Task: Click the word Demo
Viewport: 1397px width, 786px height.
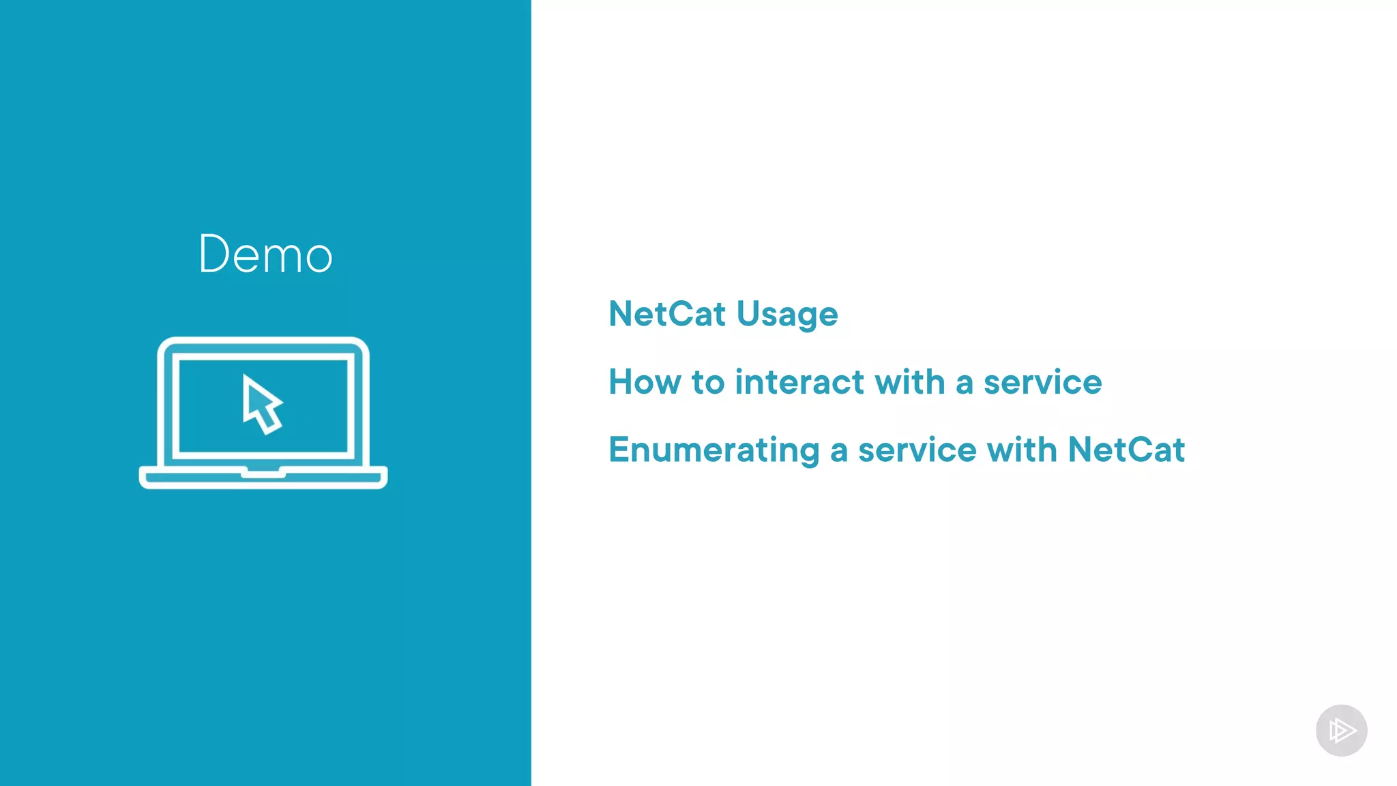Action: (x=265, y=254)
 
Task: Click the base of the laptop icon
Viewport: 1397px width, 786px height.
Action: (x=263, y=478)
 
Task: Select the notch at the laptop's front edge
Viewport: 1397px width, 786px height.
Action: (x=263, y=471)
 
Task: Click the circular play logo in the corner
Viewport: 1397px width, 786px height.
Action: (x=1341, y=730)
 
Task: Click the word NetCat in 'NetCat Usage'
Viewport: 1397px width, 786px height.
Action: (x=666, y=314)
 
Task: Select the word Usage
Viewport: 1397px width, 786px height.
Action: (x=787, y=315)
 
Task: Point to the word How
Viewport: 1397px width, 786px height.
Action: (x=645, y=382)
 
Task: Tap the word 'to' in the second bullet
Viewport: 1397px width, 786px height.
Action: (x=708, y=382)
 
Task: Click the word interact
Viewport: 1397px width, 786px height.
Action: (x=799, y=382)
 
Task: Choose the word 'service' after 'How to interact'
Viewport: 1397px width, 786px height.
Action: (x=1042, y=382)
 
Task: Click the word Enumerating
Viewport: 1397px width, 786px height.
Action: (x=714, y=451)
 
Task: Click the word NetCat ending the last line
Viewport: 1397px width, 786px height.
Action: (x=1126, y=450)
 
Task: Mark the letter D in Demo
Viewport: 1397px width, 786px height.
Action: (x=213, y=254)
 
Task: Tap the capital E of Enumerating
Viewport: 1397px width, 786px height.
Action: (x=619, y=450)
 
